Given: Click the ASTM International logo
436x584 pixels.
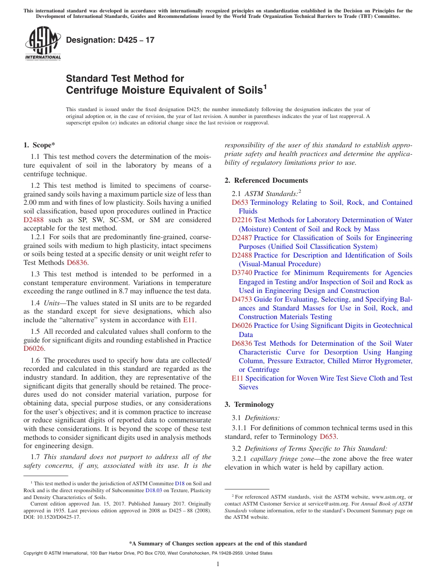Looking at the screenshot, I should (x=42, y=44).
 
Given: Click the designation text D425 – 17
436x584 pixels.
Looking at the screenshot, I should (x=110, y=40).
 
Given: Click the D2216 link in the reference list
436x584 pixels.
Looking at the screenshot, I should (x=242, y=220).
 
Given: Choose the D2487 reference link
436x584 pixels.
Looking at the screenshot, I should (x=242, y=238).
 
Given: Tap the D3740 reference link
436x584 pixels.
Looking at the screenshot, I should (x=242, y=273).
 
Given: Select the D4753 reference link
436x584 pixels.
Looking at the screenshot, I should (x=242, y=299).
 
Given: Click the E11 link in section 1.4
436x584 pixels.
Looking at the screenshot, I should (x=189, y=320).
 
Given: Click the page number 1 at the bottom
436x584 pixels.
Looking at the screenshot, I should (x=218, y=564).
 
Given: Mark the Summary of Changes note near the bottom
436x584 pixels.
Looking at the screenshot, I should (x=218, y=544).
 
